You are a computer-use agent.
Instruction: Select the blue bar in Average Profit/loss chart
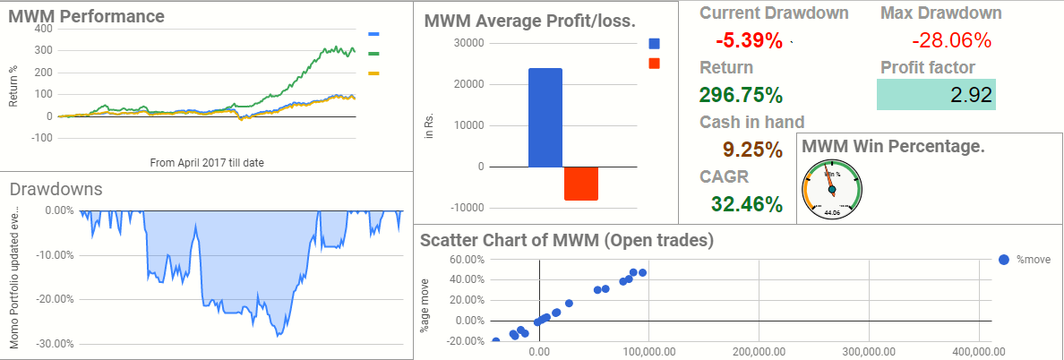pos(545,117)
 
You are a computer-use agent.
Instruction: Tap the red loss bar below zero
pos(580,184)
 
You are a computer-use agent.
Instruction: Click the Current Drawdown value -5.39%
pos(749,40)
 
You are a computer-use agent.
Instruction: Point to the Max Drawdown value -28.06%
pos(951,40)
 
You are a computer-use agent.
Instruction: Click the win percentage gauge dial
pos(832,189)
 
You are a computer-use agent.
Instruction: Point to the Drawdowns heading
pos(56,189)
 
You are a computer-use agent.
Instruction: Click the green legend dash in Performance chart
pos(374,53)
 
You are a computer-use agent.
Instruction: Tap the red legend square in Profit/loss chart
pos(654,63)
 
